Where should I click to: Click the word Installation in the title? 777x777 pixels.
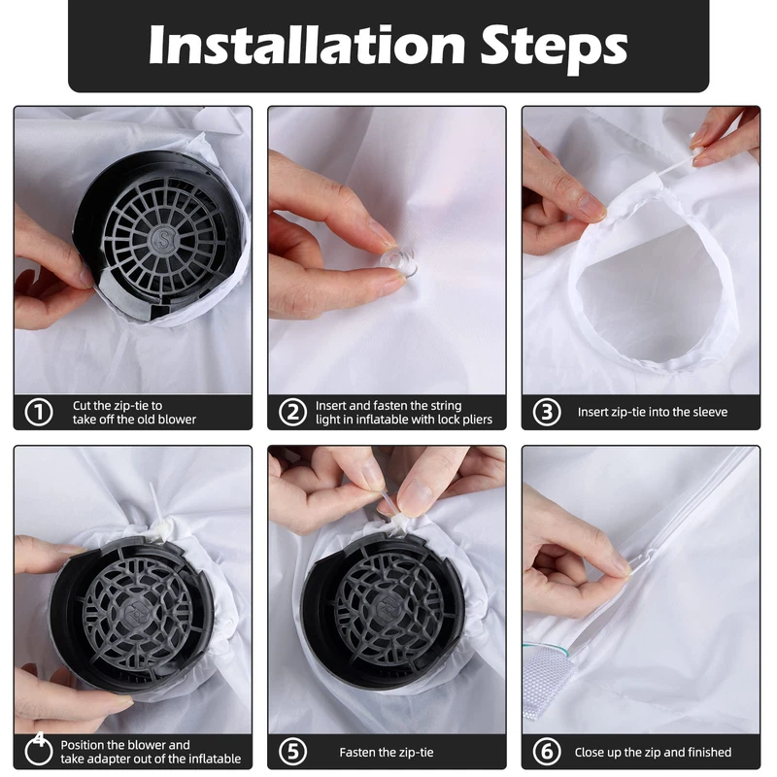(307, 45)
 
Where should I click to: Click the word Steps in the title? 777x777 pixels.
(554, 49)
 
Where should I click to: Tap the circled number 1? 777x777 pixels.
(39, 412)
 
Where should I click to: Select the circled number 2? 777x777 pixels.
(293, 412)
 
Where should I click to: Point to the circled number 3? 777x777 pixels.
(547, 412)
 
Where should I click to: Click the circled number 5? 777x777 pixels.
(293, 752)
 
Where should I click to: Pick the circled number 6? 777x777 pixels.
(547, 752)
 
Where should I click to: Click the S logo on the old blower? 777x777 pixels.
(164, 239)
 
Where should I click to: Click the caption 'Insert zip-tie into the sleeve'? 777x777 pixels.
(653, 412)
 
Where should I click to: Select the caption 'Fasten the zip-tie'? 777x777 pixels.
(387, 752)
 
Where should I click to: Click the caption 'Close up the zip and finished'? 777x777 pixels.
(653, 752)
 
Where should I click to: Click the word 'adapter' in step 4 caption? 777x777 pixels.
(123, 760)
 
